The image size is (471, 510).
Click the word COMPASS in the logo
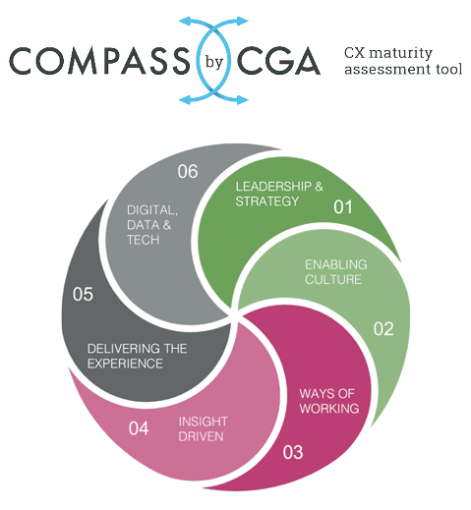pyautogui.click(x=99, y=61)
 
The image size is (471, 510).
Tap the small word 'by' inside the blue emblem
pyautogui.click(x=214, y=62)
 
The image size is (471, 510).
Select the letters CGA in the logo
pyautogui.click(x=278, y=61)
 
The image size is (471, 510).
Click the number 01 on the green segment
pyautogui.click(x=343, y=207)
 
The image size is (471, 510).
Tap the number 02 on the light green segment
pyautogui.click(x=383, y=328)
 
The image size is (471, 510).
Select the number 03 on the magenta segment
pyautogui.click(x=293, y=452)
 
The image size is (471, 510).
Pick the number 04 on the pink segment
pyautogui.click(x=139, y=428)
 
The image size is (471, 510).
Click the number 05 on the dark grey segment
pyautogui.click(x=83, y=294)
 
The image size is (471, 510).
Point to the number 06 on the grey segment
pyautogui.click(x=188, y=171)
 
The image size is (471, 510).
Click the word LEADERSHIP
pyautogui.click(x=273, y=187)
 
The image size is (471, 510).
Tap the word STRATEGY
pyautogui.click(x=267, y=201)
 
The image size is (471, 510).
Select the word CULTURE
pyautogui.click(x=333, y=279)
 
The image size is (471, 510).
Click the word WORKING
pyautogui.click(x=329, y=409)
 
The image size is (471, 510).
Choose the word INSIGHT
pyautogui.click(x=203, y=422)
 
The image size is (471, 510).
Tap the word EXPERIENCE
pyautogui.click(x=125, y=364)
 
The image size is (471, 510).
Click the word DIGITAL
pyautogui.click(x=152, y=210)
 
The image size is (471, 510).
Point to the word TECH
pyautogui.click(x=143, y=240)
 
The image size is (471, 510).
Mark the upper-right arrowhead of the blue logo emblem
pyautogui.click(x=243, y=22)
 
